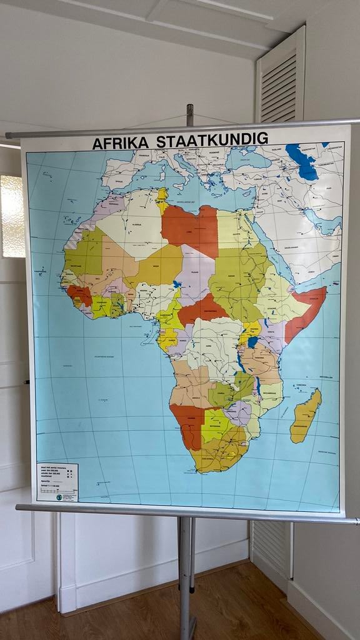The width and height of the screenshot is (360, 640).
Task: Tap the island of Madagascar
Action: [x=306, y=416]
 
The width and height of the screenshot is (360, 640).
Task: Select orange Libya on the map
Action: [x=191, y=229]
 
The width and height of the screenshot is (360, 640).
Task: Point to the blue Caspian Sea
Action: [x=303, y=162]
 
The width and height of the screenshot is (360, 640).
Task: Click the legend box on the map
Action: [x=57, y=482]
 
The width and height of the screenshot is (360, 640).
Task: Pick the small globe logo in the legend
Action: [x=59, y=497]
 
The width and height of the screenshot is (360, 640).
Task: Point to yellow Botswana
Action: [x=216, y=425]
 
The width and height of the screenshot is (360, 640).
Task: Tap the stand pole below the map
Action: [x=185, y=575]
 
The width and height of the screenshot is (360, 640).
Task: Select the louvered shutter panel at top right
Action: [x=280, y=78]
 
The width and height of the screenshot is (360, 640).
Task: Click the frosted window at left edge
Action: [x=12, y=216]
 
